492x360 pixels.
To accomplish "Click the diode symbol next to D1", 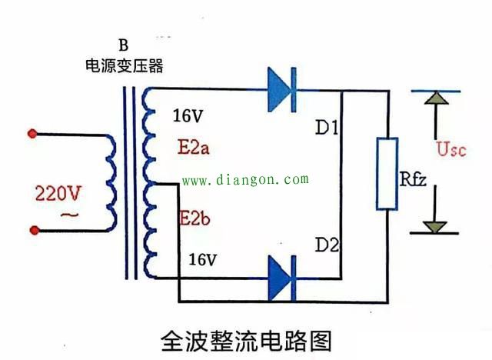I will pos(281,90).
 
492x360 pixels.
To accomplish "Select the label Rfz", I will pos(415,180).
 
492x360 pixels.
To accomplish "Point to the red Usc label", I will pos(451,148).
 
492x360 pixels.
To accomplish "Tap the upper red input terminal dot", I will pos(32,133).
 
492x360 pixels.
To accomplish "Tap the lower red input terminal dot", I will pos(32,228).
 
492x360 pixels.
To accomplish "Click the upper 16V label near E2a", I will pos(188,116).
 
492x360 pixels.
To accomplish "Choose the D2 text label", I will pos(328,245).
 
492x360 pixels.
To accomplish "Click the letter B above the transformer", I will pos(125,45).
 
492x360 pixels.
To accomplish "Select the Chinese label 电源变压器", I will pos(125,66).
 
